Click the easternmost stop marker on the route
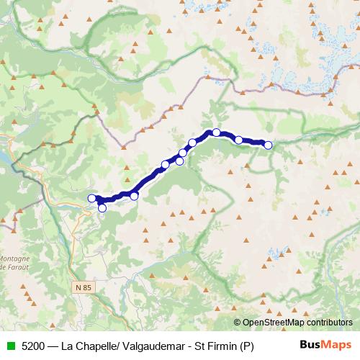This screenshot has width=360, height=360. click(x=268, y=145)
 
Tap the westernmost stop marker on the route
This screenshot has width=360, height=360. click(x=91, y=198)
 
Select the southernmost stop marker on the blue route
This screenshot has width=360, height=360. click(x=102, y=208)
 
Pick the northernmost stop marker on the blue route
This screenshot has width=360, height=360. click(x=216, y=132)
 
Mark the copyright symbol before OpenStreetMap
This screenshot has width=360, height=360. click(x=238, y=323)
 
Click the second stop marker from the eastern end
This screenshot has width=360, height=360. click(x=238, y=140)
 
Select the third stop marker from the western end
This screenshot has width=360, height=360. click(x=134, y=196)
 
